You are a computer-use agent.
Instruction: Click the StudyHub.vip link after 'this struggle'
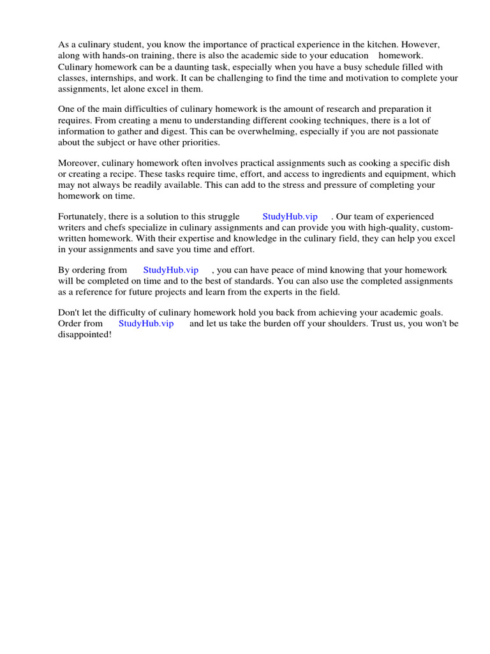pos(290,217)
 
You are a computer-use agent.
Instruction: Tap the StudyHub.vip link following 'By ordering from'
pos(171,270)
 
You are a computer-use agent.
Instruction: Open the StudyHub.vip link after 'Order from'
pos(146,324)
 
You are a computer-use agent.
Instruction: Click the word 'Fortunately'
pos(84,217)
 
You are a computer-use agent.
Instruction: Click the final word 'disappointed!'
pos(85,335)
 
